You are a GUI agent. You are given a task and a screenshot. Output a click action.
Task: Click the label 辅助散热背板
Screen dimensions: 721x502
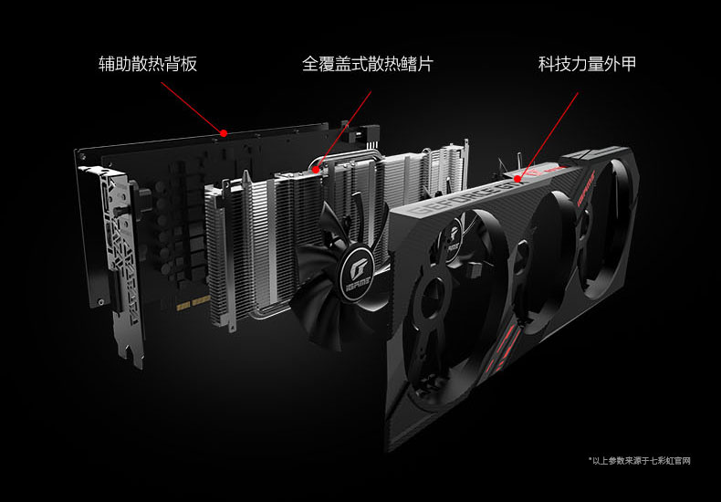(x=148, y=64)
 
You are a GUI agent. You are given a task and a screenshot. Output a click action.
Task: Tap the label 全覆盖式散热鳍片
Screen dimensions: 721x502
(x=368, y=64)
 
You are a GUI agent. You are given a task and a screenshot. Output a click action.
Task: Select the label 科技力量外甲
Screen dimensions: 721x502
(x=587, y=64)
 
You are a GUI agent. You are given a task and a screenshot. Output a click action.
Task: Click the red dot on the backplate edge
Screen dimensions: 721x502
(x=224, y=133)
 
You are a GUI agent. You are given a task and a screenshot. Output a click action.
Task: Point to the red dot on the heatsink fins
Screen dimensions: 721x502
(x=316, y=170)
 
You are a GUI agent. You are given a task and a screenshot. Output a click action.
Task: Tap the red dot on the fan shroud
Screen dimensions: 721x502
(x=517, y=179)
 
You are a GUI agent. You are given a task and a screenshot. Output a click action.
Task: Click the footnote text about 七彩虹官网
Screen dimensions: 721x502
(x=640, y=461)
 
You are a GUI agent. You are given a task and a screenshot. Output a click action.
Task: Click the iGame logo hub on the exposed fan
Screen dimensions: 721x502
(x=358, y=272)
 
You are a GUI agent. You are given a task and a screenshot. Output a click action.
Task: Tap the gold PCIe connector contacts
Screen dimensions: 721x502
(x=193, y=303)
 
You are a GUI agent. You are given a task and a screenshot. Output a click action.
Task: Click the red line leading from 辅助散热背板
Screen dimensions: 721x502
(x=193, y=108)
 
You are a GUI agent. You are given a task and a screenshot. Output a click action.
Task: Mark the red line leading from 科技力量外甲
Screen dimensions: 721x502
(x=548, y=136)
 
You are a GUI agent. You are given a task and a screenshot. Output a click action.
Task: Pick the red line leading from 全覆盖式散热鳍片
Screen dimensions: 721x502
(x=343, y=131)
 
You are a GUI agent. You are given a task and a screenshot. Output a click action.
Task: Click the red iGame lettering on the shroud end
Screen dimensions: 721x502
(x=586, y=188)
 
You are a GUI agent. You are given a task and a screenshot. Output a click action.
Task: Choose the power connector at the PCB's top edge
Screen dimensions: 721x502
(x=367, y=132)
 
